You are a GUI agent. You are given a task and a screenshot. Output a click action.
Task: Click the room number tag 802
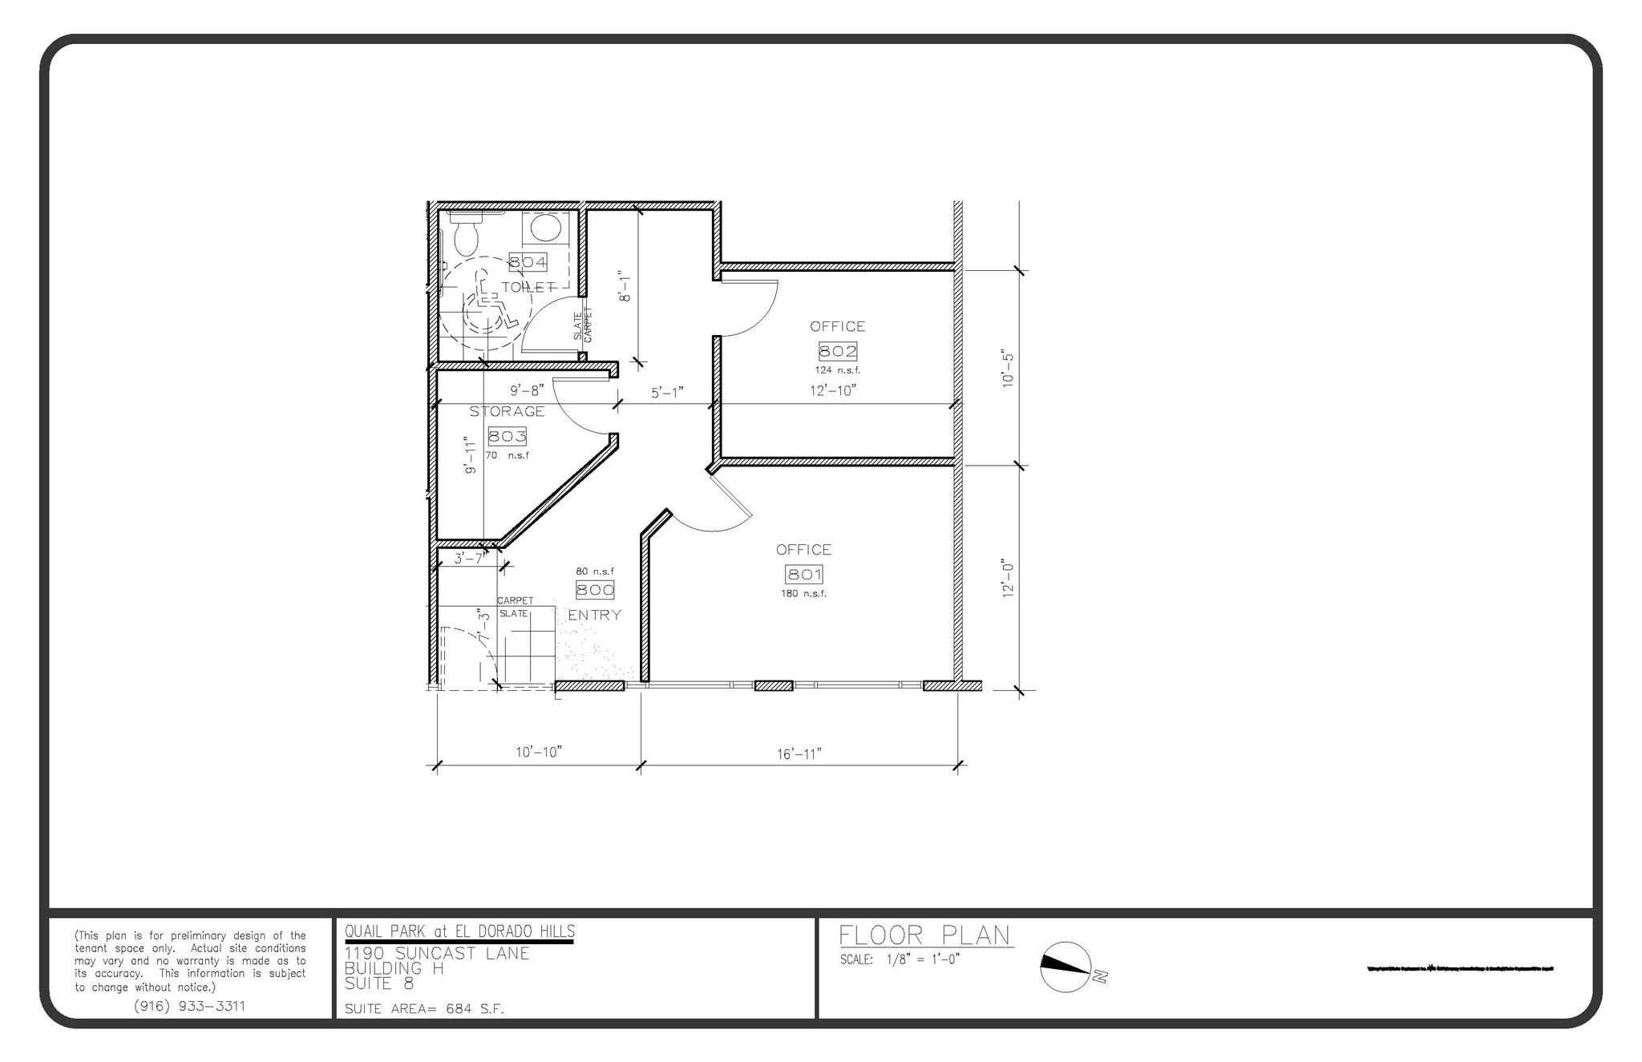tap(837, 350)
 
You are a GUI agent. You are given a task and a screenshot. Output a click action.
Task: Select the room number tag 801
tap(803, 574)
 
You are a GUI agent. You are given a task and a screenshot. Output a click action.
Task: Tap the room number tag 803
tap(507, 436)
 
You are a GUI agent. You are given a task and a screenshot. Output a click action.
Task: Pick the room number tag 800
tap(595, 590)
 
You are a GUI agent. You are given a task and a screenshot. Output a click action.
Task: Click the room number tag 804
tap(528, 261)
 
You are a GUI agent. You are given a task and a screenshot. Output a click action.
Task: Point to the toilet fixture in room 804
tap(465, 234)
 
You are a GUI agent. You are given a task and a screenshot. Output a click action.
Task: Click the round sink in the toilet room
tap(546, 227)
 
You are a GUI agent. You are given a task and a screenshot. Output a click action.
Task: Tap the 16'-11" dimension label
tap(799, 753)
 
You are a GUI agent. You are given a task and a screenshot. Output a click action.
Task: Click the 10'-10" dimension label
tap(538, 752)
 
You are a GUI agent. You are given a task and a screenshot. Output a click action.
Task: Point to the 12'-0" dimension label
tap(1009, 578)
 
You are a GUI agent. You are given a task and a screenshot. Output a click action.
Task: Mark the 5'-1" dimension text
tap(666, 393)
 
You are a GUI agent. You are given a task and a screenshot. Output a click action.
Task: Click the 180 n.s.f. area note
tap(803, 594)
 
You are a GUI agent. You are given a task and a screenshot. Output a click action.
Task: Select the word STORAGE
tap(507, 411)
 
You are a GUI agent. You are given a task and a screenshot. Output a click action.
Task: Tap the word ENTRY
tap(594, 615)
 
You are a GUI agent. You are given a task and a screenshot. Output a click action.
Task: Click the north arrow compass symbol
tap(1066, 967)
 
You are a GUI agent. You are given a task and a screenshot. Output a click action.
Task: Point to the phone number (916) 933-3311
tap(189, 1006)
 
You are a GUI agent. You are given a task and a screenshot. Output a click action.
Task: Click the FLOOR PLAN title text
tap(924, 935)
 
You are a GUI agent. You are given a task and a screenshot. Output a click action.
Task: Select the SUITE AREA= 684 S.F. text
tap(424, 1009)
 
